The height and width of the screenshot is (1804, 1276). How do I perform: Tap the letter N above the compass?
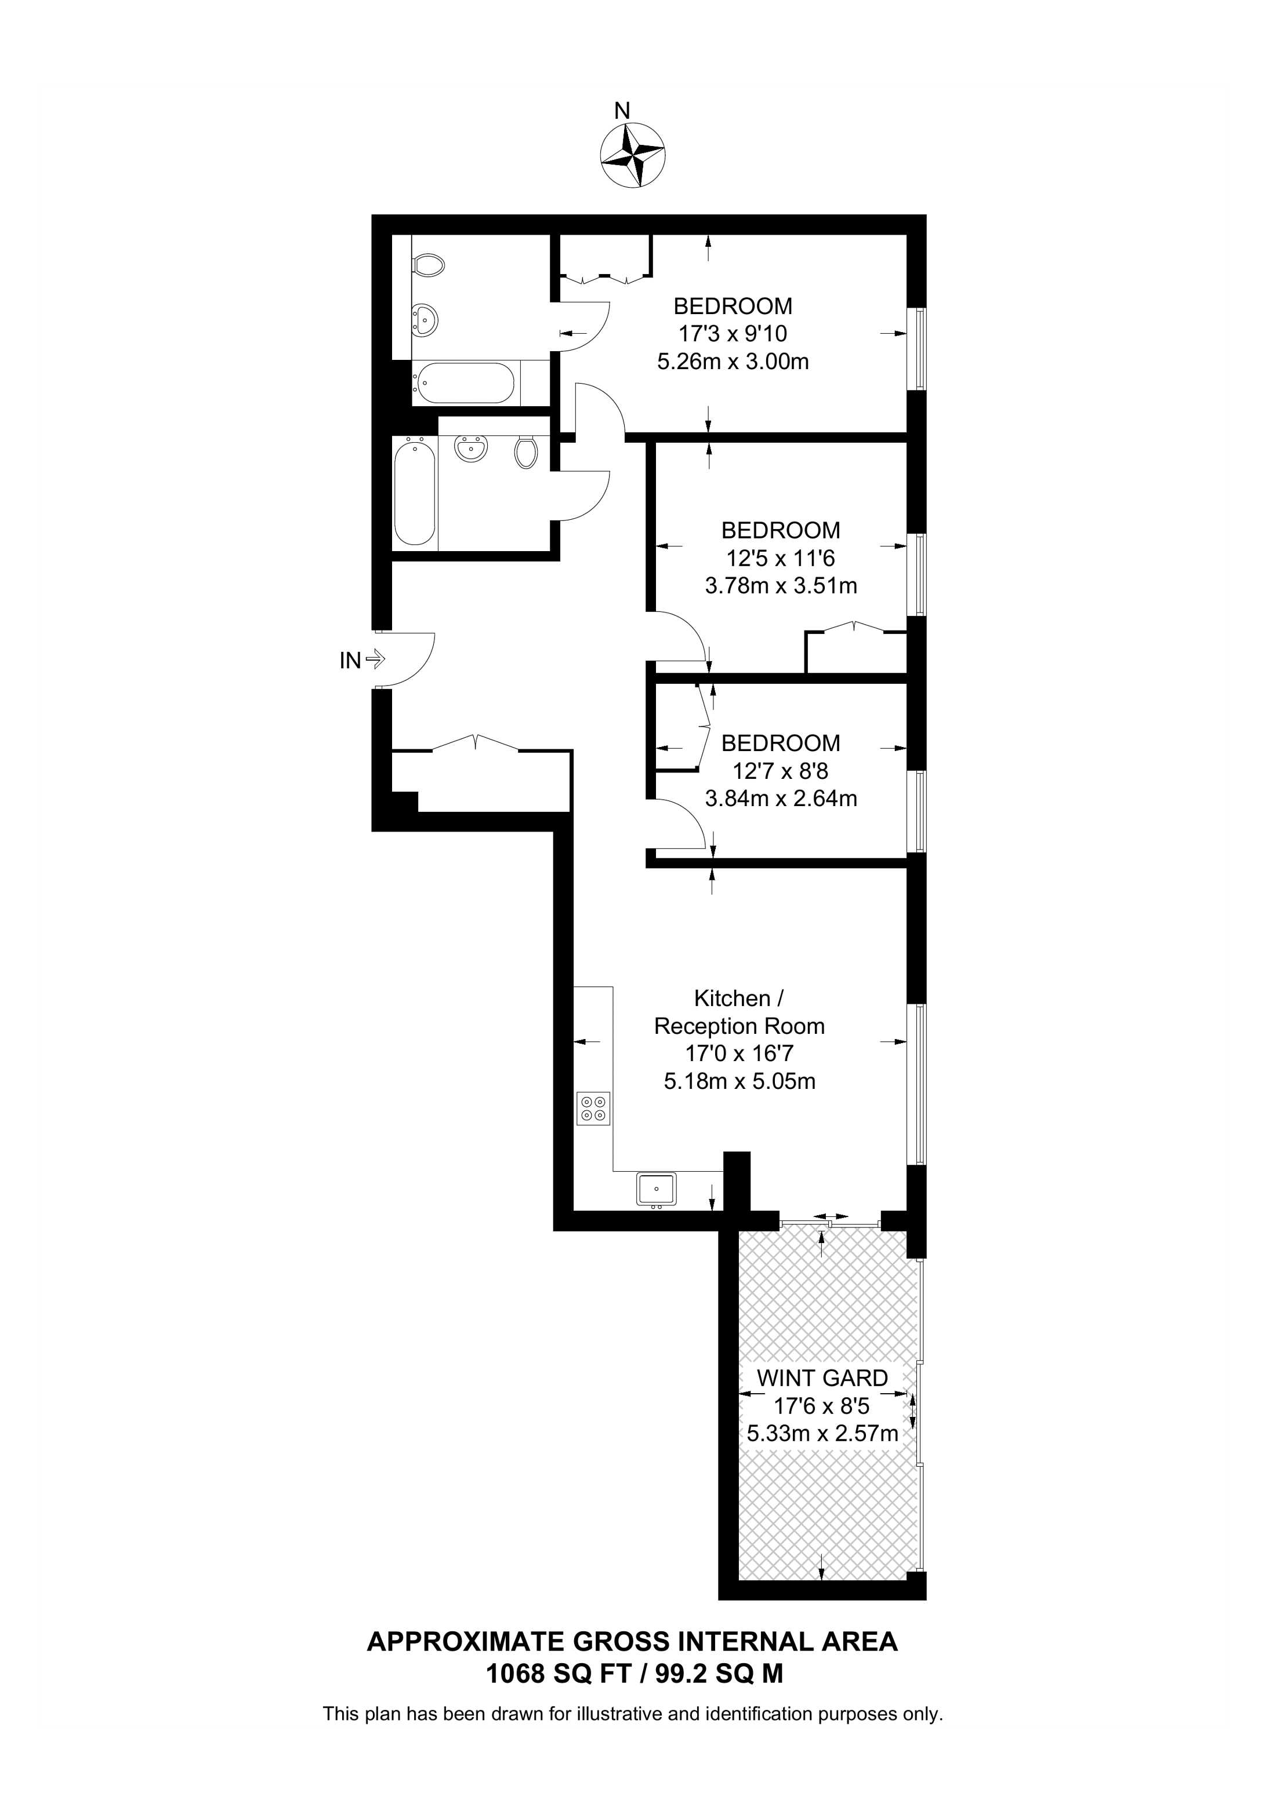pos(622,111)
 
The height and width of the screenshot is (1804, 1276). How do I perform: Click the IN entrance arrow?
pos(375,660)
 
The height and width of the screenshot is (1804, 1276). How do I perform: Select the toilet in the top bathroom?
pos(427,265)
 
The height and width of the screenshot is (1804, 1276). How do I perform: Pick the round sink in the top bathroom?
pos(425,320)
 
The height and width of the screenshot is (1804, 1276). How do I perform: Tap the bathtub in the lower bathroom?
pos(414,493)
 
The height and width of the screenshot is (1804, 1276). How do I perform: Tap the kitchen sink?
pos(655,1189)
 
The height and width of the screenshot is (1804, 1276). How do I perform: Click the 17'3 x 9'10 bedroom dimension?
pos(733,334)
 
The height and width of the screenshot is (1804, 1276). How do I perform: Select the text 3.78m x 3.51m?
pos(781,586)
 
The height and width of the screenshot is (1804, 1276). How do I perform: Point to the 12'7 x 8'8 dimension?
pos(781,771)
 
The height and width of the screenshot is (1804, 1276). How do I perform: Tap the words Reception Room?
pos(739,1026)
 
